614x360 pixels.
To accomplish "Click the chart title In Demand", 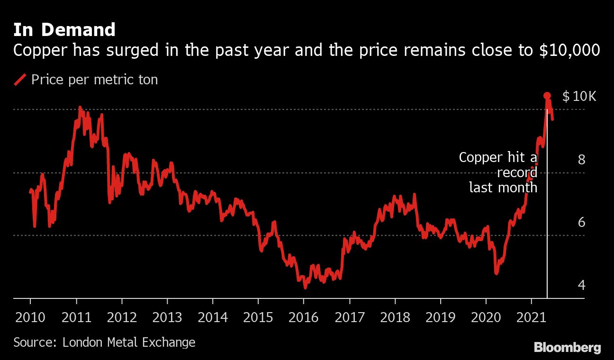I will (64, 30).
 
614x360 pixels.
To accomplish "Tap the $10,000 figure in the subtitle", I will (570, 50).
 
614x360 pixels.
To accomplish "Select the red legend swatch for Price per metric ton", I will (20, 80).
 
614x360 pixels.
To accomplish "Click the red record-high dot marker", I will (547, 96).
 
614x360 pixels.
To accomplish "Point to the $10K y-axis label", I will (579, 97).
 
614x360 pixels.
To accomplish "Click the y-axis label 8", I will (582, 160).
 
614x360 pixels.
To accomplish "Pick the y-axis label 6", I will (582, 222).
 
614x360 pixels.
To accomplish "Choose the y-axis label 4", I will (582, 285).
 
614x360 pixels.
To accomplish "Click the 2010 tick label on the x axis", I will (31, 317).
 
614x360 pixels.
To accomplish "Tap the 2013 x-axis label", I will (167, 317).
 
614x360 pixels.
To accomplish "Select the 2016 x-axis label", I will (304, 317).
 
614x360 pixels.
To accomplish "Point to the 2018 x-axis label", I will (395, 317).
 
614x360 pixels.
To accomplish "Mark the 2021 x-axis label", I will (531, 317).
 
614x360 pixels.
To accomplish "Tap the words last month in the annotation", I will (503, 188).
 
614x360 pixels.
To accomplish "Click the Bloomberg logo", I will (567, 347).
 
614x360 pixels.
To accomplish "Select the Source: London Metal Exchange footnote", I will (104, 342).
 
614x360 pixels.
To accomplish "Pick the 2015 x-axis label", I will (258, 317).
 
